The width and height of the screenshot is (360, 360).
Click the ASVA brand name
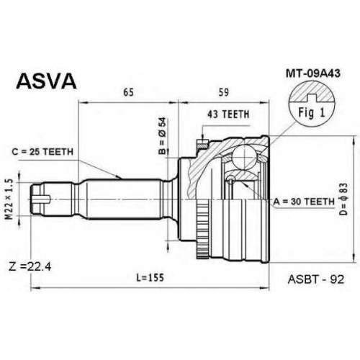point(46,81)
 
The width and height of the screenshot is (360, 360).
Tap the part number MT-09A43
point(312,73)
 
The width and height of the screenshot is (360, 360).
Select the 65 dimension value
point(128,92)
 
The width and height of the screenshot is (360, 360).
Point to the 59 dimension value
point(223,92)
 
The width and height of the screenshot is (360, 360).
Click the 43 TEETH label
point(228,114)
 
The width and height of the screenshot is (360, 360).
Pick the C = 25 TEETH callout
point(42,152)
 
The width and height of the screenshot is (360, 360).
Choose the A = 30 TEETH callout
point(304,202)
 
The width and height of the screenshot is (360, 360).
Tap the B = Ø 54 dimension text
point(163,135)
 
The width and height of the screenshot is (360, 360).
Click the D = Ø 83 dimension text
point(344,199)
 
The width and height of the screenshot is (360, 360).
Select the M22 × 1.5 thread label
point(9,199)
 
